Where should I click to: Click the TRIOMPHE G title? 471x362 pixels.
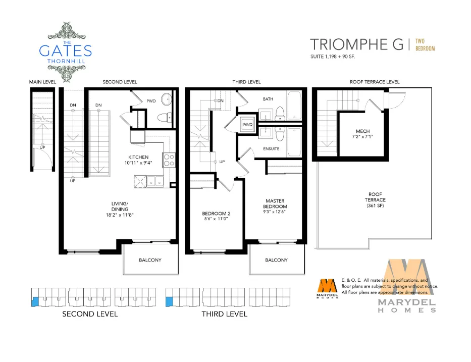[x=356, y=44]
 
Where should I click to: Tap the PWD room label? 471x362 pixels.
[x=151, y=101]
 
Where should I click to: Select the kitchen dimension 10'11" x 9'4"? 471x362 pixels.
[x=138, y=163]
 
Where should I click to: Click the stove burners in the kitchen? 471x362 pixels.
[x=169, y=160]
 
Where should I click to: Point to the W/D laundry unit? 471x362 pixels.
[x=248, y=124]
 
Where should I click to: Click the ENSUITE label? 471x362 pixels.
[x=271, y=149]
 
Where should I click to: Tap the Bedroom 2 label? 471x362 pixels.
[x=216, y=214]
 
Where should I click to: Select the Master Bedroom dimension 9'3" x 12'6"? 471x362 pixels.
[x=274, y=212]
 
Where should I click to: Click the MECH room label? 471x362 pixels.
[x=362, y=131]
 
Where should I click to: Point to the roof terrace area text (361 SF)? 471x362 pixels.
[x=375, y=206]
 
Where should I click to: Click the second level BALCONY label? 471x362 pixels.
[x=150, y=260]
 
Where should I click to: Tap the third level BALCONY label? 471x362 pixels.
[x=276, y=260]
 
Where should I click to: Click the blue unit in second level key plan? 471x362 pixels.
[x=35, y=301]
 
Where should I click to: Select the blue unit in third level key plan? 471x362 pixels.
[x=170, y=302]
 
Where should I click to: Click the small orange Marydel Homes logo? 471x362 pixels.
[x=327, y=289]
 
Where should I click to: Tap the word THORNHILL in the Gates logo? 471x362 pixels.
[x=66, y=61]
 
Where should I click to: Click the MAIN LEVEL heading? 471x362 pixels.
[x=42, y=82]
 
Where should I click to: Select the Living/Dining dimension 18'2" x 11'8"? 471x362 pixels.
[x=120, y=215]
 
